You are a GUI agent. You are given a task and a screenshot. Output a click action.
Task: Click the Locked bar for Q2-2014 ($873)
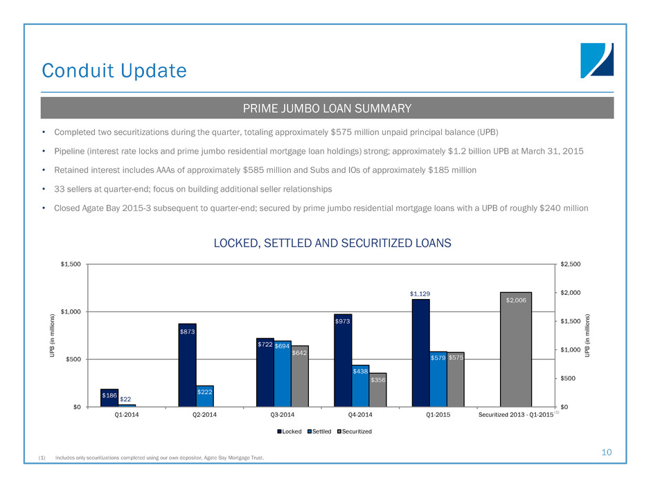pyautogui.click(x=187, y=365)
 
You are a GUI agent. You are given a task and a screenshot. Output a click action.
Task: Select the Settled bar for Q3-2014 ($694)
pyautogui.click(x=283, y=374)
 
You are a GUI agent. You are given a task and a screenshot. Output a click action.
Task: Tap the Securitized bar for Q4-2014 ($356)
pyautogui.click(x=377, y=390)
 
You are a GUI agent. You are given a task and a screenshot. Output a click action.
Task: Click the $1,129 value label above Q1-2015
pyautogui.click(x=420, y=293)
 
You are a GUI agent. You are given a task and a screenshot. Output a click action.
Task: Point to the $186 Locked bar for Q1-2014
pyautogui.click(x=109, y=398)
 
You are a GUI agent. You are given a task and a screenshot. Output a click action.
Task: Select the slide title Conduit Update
pyautogui.click(x=114, y=71)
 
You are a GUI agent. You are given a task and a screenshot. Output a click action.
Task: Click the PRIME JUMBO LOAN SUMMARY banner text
pyautogui.click(x=326, y=109)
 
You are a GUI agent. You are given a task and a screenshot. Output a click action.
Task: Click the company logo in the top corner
pyautogui.click(x=596, y=60)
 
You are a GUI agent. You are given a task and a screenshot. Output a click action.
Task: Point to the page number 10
pyautogui.click(x=607, y=452)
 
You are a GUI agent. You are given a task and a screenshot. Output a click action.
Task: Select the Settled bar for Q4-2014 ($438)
pyautogui.click(x=360, y=386)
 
